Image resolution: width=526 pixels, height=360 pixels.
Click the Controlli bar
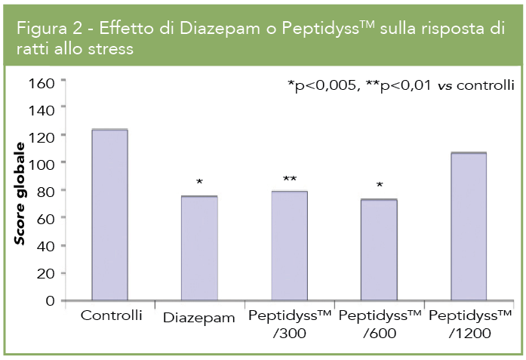pyautogui.click(x=109, y=215)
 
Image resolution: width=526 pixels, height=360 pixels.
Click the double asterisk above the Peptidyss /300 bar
pyautogui.click(x=290, y=180)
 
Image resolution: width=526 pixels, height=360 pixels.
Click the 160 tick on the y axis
pyautogui.click(x=43, y=82)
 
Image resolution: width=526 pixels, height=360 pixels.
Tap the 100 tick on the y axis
pyautogui.click(x=43, y=163)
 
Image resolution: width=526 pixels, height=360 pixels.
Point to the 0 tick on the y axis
pyautogui.click(x=51, y=300)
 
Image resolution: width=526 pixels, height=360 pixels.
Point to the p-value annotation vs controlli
pyautogui.click(x=401, y=85)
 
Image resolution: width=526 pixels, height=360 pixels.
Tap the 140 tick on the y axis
pyautogui.click(x=43, y=109)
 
